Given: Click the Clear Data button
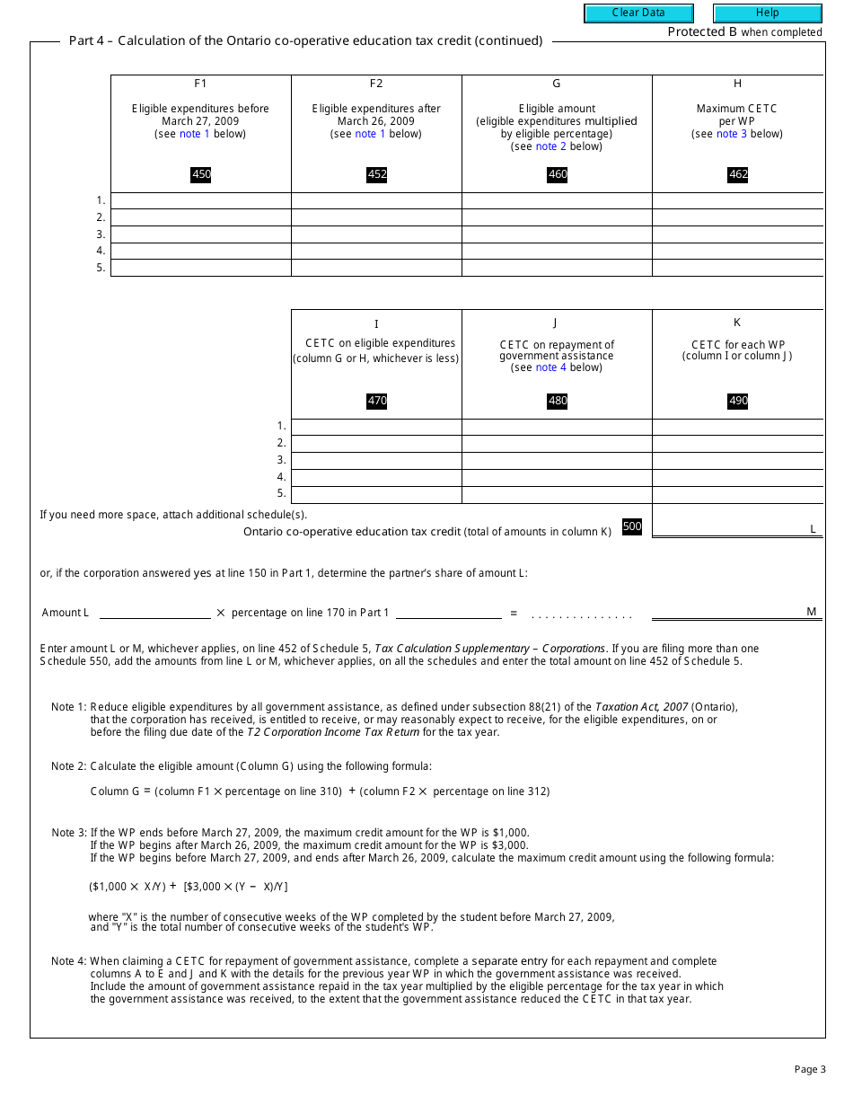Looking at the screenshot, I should pos(638,13).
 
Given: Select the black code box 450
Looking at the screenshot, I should pos(201,174).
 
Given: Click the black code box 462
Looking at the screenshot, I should pos(738,174).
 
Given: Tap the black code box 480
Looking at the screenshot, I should pos(558,401).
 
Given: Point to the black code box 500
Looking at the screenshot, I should pos(632,526).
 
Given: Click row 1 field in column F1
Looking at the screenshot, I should pos(201,200).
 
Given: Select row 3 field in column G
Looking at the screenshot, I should pos(557,234).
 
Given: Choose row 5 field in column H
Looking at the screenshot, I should pos(737,268).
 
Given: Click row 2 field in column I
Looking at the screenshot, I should pos(376,443).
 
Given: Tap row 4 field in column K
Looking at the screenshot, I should pos(737,477).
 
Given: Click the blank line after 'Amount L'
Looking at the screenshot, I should pos(154,612).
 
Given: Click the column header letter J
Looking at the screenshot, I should pos(556,323).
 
